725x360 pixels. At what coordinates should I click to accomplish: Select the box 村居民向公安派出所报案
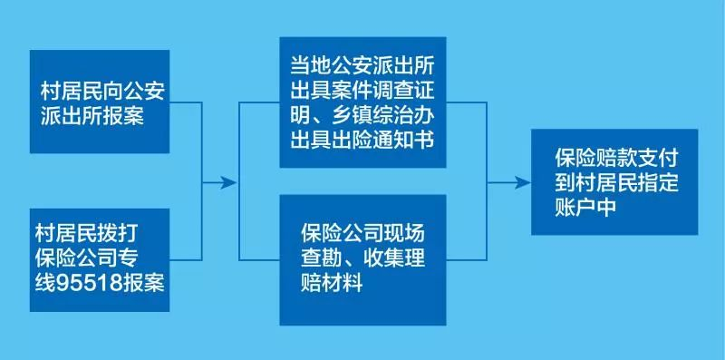point(99,102)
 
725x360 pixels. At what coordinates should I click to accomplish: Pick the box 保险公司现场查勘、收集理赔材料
point(362,259)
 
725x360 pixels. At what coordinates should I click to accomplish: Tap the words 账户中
point(585,206)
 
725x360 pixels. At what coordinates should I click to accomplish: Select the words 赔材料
point(333,283)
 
